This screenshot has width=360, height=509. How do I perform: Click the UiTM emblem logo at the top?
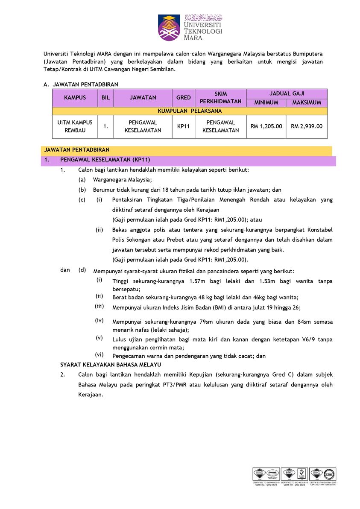169,27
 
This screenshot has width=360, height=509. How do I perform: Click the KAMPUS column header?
75,98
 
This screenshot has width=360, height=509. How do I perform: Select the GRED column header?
184,98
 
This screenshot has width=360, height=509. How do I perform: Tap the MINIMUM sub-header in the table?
266,102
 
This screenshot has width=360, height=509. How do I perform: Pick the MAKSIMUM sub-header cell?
307,102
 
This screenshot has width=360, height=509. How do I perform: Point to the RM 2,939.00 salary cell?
307,126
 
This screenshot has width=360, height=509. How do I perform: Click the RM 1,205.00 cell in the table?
266,126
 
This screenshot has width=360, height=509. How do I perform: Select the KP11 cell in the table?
184,126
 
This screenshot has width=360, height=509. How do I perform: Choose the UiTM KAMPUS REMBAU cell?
75,126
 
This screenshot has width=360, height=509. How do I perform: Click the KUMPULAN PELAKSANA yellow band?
190,111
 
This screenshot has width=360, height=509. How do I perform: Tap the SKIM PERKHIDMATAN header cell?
220,98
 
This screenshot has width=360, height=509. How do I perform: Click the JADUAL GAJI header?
287,94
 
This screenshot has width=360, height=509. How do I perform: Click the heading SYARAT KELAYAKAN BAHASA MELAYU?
110,364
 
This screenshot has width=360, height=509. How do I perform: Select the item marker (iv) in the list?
99,320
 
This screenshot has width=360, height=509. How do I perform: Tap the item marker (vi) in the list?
99,354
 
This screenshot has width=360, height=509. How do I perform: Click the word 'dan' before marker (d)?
65,270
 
